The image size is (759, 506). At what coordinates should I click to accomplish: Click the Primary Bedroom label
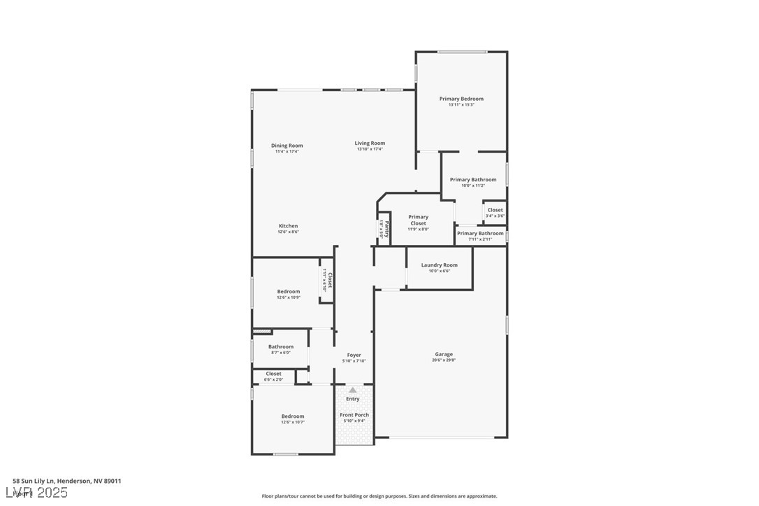coord(461,99)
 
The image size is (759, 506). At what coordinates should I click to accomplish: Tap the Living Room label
coord(370,143)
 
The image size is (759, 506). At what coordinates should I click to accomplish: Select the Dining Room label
coord(287,146)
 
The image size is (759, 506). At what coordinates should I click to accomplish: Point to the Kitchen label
coord(289,226)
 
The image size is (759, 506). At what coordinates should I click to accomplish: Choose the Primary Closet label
coord(418,220)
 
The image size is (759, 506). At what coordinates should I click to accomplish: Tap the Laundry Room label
coord(439,265)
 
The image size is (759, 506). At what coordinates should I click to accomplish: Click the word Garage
coord(444,354)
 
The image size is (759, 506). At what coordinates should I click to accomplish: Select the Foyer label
coord(354,356)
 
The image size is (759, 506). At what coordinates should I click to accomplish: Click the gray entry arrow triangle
coord(353,390)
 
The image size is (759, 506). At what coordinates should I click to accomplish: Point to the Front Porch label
coord(354,415)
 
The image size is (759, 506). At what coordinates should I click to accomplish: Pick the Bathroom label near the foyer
coord(281,346)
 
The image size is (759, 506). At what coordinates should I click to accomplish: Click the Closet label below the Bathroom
coord(274,374)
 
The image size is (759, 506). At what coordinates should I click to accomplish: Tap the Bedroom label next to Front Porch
coord(293,416)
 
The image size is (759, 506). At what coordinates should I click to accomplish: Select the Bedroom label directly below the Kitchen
coord(289,291)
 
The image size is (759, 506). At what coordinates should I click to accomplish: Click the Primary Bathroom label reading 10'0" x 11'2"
coord(473,180)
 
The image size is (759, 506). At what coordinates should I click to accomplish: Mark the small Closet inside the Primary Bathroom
coord(495,210)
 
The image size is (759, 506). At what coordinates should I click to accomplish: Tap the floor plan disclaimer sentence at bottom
coord(379,496)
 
